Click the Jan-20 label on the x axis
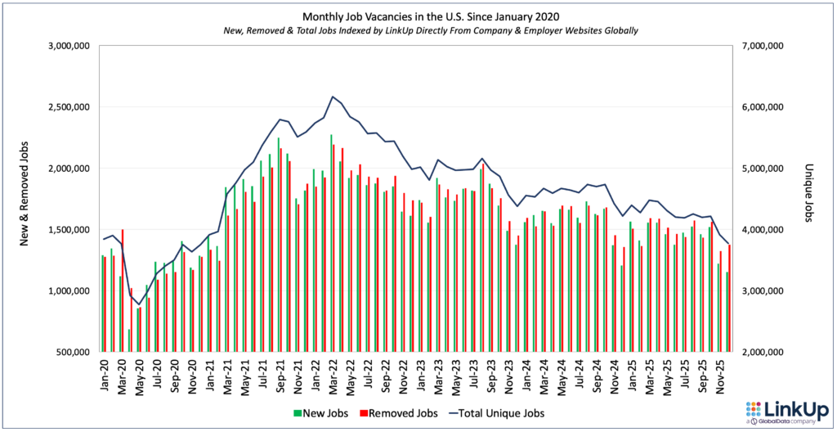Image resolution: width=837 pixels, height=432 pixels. click(x=105, y=377)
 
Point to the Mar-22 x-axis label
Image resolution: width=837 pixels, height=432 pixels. click(x=333, y=377)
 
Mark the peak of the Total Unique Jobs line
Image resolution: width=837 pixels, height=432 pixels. click(x=333, y=97)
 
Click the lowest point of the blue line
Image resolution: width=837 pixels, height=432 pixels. click(x=139, y=304)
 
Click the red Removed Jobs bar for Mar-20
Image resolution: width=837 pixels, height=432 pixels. click(x=123, y=290)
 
